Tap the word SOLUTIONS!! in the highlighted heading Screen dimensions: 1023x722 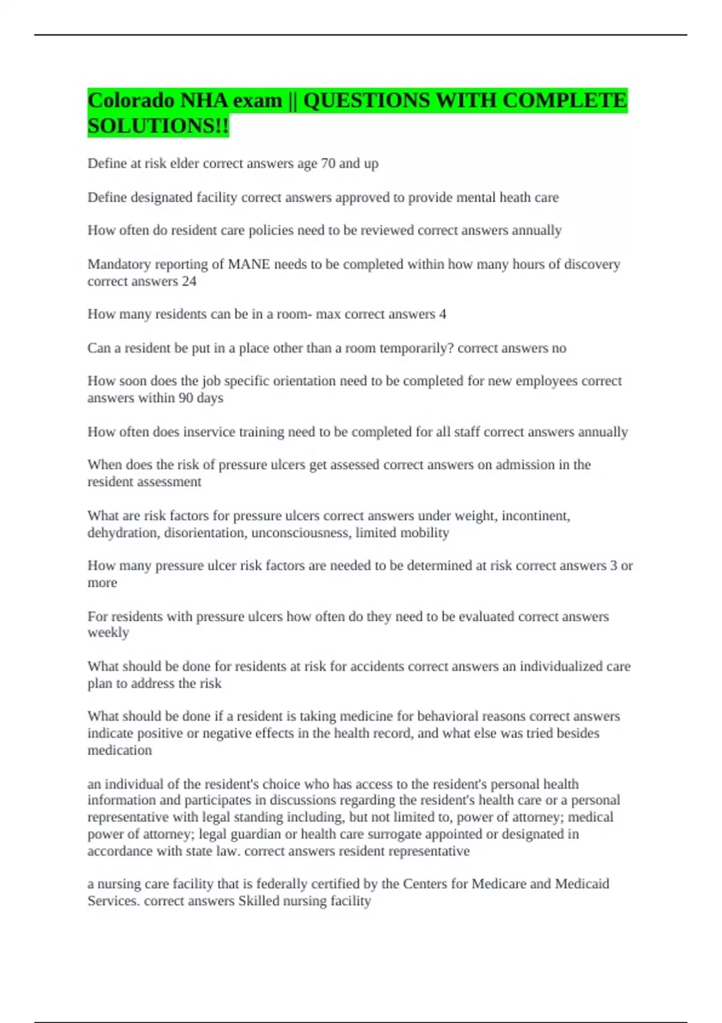pos(158,126)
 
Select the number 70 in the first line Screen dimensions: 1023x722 pos(328,164)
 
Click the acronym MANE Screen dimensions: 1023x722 pos(248,264)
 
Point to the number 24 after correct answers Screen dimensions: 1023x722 pos(189,281)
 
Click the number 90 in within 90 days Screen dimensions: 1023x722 pos(185,398)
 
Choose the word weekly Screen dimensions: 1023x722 pos(108,632)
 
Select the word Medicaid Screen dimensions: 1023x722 pos(582,884)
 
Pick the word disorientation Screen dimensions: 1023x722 pos(204,533)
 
